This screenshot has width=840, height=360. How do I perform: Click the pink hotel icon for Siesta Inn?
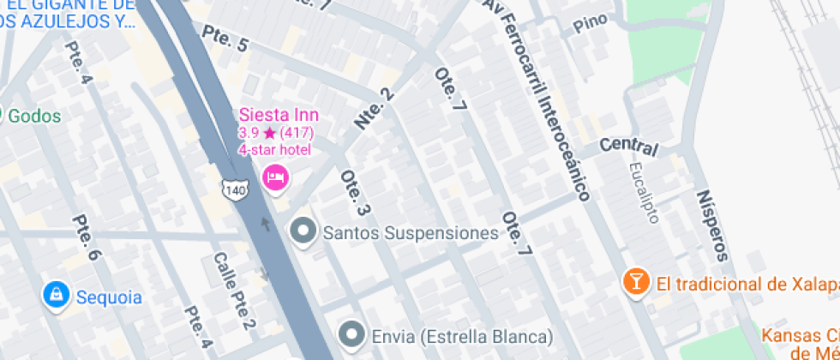click(x=276, y=177)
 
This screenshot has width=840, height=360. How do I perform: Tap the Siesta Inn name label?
click(x=279, y=115)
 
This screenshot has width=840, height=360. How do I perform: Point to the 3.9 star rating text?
click(x=276, y=133)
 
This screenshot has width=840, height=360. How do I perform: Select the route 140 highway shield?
click(x=236, y=189)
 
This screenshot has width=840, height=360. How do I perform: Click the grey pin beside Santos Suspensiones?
click(x=302, y=231)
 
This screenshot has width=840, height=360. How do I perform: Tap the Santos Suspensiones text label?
click(x=411, y=232)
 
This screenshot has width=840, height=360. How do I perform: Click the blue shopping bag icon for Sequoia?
click(x=56, y=296)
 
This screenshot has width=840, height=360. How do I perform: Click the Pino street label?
click(x=590, y=21)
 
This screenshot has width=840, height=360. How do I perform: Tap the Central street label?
click(x=628, y=147)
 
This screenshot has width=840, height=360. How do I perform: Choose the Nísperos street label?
click(x=712, y=225)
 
